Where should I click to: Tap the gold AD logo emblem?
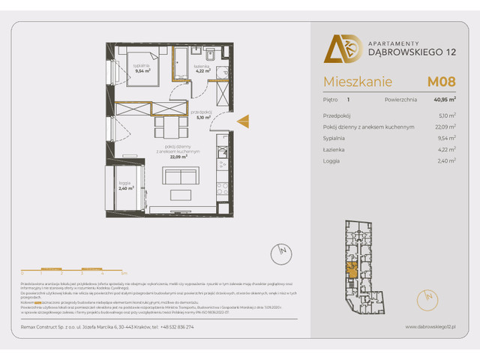(x=337, y=49)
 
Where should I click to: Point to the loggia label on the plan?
(x=126, y=186)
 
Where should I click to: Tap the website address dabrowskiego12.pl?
(x=430, y=326)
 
